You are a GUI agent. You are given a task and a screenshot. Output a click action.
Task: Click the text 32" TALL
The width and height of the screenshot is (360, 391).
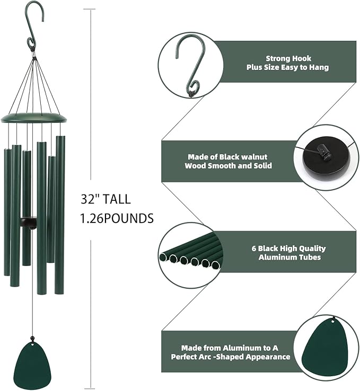(106, 200)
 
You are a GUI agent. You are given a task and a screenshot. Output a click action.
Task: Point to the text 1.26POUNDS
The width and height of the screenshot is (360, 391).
(117, 218)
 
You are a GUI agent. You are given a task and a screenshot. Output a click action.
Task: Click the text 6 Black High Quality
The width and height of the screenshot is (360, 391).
(288, 248)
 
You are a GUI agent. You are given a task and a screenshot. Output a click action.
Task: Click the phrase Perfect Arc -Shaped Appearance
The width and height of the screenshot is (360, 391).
(230, 357)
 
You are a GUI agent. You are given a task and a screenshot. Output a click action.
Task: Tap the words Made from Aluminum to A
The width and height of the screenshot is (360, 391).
(230, 348)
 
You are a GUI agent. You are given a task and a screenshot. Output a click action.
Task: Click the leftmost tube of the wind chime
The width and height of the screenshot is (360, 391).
(7, 212)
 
